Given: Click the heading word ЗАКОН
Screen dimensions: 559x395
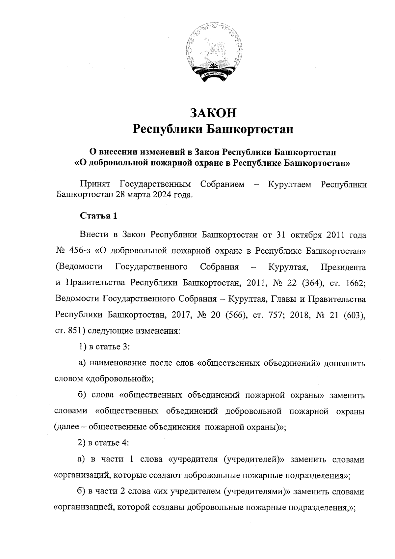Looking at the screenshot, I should (x=213, y=113).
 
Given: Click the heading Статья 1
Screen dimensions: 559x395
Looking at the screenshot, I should (x=98, y=216).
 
